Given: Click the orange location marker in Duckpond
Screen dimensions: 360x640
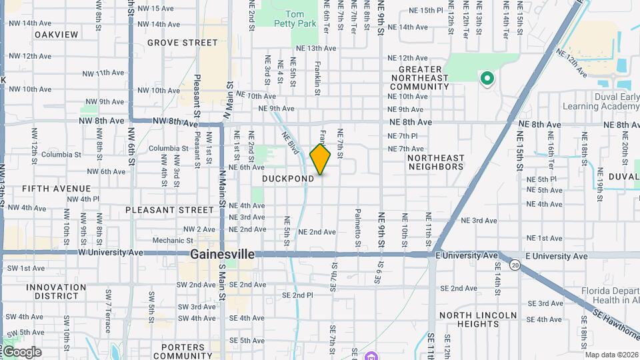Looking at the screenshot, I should click(321, 159).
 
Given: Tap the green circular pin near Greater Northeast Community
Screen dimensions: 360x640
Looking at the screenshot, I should click(487, 79).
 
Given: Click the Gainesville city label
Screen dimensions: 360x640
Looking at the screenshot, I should click(222, 255).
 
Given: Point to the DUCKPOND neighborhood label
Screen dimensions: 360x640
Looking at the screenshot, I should click(288, 179).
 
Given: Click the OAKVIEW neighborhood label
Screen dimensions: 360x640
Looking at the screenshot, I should click(56, 35).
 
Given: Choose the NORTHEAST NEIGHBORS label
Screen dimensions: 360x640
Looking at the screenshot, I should click(435, 162).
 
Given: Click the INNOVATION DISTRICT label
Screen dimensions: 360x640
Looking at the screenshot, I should click(56, 291).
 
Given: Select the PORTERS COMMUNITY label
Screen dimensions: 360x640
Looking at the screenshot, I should click(183, 351).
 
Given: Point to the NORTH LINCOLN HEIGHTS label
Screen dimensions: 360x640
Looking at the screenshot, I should click(477, 319).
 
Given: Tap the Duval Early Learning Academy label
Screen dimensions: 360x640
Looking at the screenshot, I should click(601, 101).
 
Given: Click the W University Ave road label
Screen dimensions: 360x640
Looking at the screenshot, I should click(111, 253).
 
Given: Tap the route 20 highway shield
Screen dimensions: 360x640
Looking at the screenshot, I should click(515, 265).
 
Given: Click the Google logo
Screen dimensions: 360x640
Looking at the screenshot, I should click(22, 352).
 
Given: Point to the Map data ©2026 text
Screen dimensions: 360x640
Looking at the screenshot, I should click(611, 355).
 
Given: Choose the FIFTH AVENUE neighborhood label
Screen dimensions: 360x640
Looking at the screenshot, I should click(56, 189).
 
